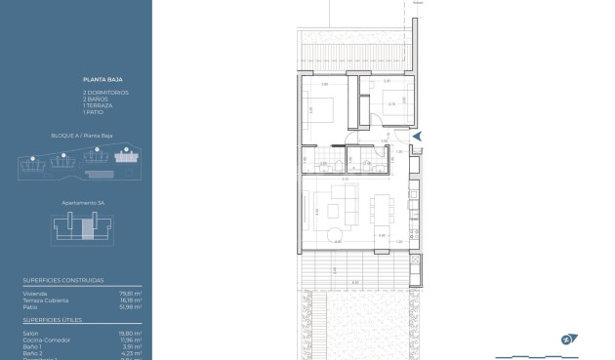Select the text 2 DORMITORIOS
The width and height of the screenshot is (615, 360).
tap(105, 92)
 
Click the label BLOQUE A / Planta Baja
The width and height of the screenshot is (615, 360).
tap(79, 136)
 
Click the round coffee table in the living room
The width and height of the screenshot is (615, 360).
tap(336, 232)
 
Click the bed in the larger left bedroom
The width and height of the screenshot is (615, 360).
tap(321, 106)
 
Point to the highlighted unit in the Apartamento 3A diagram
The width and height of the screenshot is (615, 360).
tap(87, 229)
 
